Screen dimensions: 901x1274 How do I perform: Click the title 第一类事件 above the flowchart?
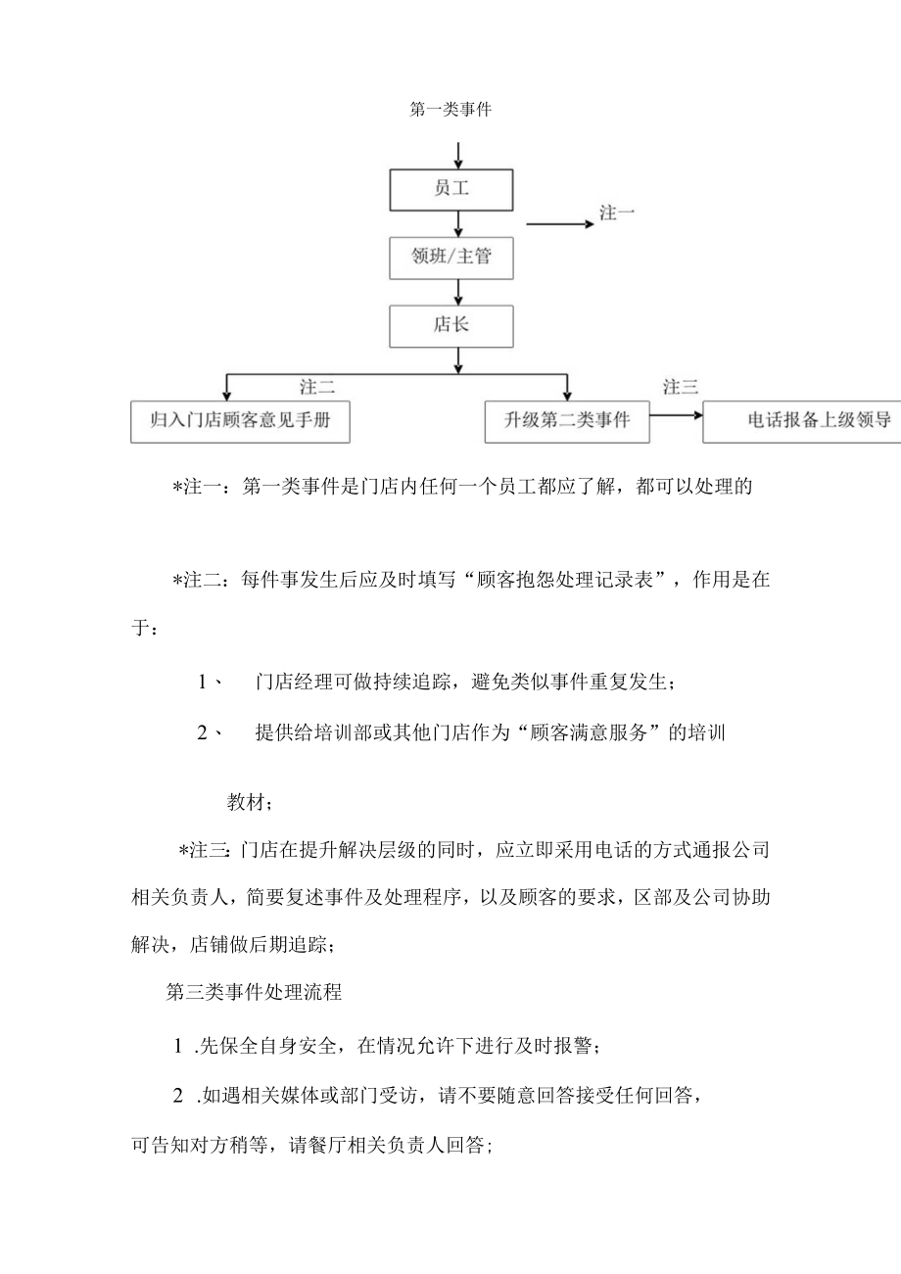point(450,111)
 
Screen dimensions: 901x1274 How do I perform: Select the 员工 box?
point(451,189)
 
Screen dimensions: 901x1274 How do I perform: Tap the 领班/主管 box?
point(451,258)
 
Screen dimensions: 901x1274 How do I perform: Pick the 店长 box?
point(451,325)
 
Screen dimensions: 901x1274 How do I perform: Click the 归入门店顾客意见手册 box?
point(226,421)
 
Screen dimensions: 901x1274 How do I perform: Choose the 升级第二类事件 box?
point(567,421)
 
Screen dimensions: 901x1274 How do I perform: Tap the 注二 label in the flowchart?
point(317,387)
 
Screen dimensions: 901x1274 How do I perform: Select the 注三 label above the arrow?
point(681,387)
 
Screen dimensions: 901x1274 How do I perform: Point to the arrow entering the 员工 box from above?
point(458,154)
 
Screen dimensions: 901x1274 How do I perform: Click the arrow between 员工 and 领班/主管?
point(458,223)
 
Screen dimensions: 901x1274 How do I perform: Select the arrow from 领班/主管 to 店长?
point(458,291)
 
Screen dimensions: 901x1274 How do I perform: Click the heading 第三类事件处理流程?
point(255,992)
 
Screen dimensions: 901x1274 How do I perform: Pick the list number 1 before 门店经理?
point(204,682)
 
